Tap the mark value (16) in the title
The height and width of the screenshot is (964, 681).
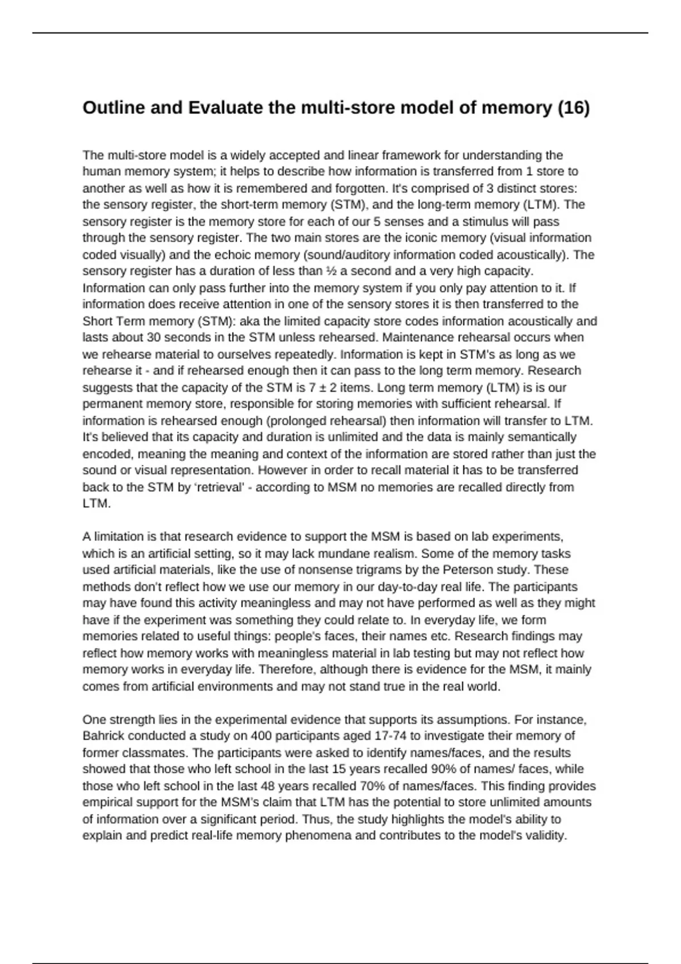(573, 107)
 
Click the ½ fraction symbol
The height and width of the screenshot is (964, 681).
(331, 271)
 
